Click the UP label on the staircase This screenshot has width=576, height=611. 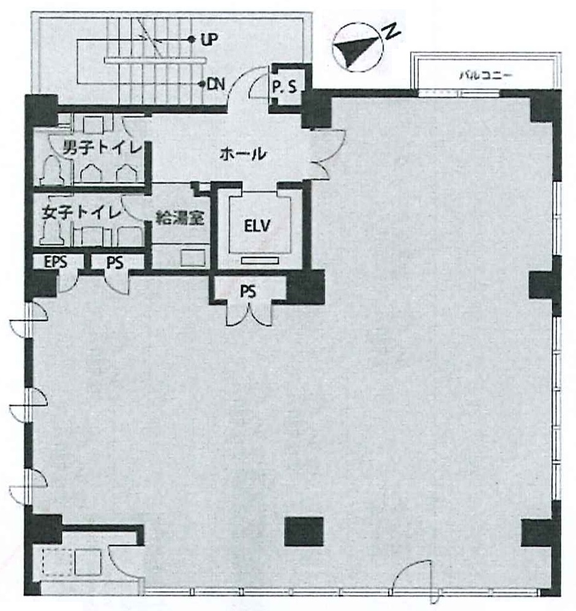coord(209,39)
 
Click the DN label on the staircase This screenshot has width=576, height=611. coord(216,84)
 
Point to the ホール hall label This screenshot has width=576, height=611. coord(242,154)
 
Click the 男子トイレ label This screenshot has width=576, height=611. coord(103,147)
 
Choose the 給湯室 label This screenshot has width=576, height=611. coord(180,218)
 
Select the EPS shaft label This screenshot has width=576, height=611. coord(55,262)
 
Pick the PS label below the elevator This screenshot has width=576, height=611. coord(248,291)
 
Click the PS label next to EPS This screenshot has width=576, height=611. coord(114,262)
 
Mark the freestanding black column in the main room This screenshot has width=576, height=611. coord(304,531)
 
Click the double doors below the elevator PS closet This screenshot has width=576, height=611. coord(249,314)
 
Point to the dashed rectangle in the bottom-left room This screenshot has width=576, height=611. coord(58,561)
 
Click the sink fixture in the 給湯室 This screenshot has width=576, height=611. coord(193,258)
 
